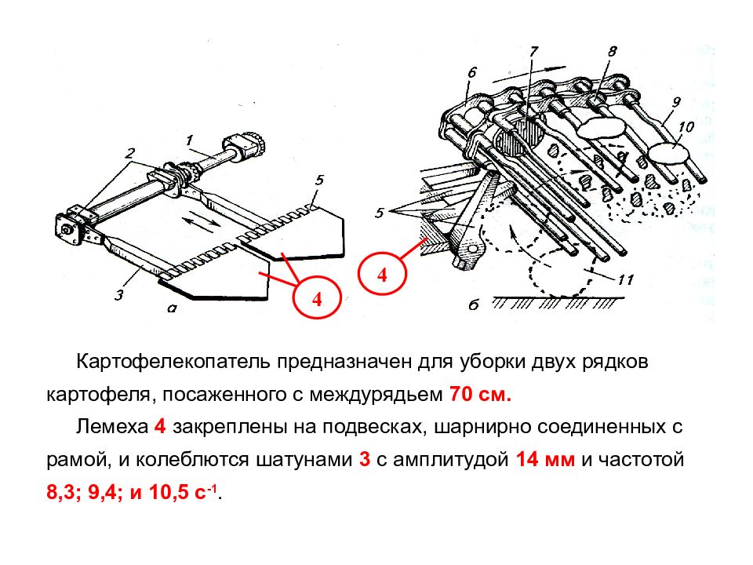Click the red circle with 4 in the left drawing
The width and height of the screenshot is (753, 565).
point(317,299)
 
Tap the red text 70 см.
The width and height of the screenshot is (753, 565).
point(480,395)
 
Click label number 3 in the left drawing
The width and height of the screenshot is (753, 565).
point(119,295)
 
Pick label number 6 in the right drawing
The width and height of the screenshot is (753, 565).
point(471,72)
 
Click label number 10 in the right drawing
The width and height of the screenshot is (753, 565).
point(686,126)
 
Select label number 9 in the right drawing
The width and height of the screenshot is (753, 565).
point(676,100)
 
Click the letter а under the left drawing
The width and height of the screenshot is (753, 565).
point(172,308)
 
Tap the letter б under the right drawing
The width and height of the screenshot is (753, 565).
point(473,304)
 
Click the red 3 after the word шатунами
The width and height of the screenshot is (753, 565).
point(365,460)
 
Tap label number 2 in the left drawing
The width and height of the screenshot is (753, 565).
point(130,152)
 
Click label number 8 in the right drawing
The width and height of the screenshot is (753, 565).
point(612,53)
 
